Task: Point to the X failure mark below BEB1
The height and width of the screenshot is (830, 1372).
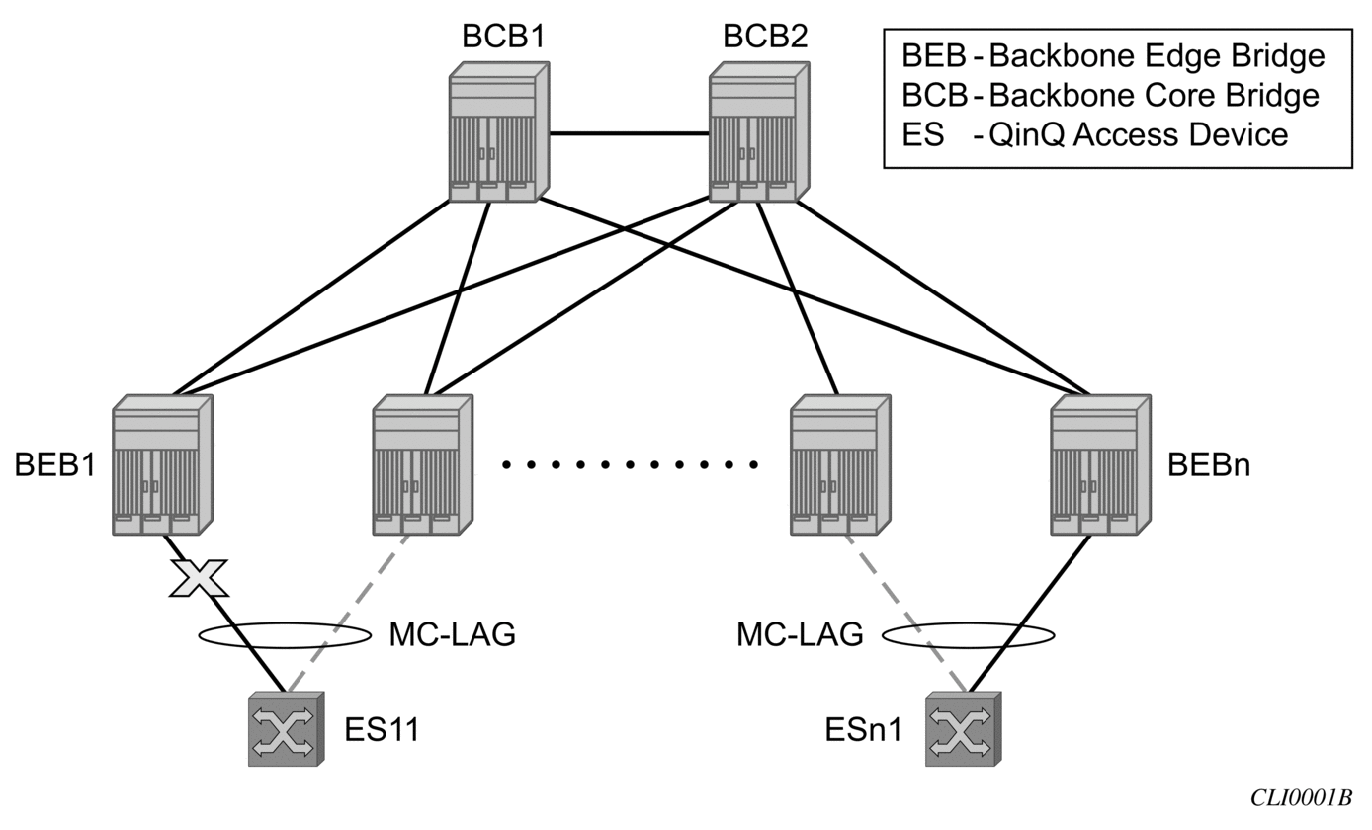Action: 199,578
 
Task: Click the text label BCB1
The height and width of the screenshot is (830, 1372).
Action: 503,36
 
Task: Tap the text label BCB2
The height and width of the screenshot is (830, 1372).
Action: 764,36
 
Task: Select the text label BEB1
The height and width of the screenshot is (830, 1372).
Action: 55,464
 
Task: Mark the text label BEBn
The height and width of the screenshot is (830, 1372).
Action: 1209,464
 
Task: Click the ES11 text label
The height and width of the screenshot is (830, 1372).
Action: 382,730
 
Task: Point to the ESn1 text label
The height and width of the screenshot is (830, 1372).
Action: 864,730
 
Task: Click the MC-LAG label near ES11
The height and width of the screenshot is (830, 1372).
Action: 452,635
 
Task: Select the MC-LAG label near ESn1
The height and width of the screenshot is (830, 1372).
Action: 800,635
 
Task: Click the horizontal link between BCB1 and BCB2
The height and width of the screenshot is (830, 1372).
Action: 629,132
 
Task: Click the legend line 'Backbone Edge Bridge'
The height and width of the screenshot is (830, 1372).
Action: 1113,56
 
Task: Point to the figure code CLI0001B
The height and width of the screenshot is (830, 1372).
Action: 1301,798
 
